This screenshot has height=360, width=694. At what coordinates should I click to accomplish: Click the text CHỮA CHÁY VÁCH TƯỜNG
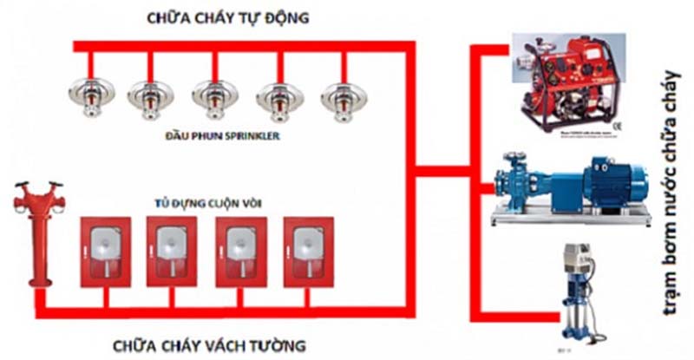(209, 346)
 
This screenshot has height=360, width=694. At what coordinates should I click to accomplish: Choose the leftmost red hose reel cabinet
(105, 250)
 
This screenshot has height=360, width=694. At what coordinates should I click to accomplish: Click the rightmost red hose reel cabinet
(308, 250)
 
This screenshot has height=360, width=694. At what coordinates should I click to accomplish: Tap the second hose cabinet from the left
(172, 250)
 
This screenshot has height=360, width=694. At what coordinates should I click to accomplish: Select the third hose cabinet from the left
(240, 250)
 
